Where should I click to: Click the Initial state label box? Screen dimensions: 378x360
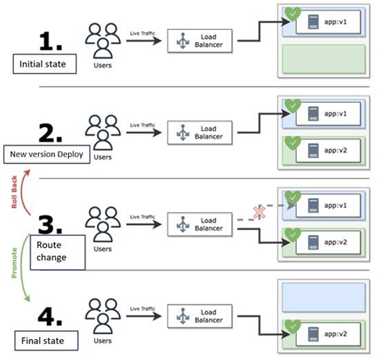tap(45, 64)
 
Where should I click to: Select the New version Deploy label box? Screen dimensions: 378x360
tap(47, 154)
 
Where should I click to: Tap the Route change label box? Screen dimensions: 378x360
tap(58, 252)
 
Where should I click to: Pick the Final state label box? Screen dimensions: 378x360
tap(46, 341)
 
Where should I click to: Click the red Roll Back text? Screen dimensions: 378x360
tap(14, 192)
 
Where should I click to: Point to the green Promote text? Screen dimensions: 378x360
tap(14, 263)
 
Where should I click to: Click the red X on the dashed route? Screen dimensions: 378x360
tap(259, 213)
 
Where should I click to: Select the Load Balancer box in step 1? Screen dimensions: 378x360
tap(200, 41)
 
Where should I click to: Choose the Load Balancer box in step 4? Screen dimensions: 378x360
tap(200, 316)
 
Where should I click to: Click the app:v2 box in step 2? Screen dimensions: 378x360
tap(328, 150)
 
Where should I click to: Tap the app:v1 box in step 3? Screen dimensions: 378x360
tap(328, 206)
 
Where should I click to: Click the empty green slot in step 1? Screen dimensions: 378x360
tap(323, 58)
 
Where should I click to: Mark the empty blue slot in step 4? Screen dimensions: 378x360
tap(323, 297)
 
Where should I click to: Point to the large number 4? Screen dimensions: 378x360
tap(50, 316)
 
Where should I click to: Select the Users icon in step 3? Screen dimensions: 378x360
tap(103, 224)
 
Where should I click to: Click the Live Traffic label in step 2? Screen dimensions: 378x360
tap(142, 125)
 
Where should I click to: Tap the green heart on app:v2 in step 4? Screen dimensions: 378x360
tap(293, 326)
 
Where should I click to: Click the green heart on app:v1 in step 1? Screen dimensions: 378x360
tap(293, 14)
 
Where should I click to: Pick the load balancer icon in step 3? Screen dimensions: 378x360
tap(183, 224)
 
